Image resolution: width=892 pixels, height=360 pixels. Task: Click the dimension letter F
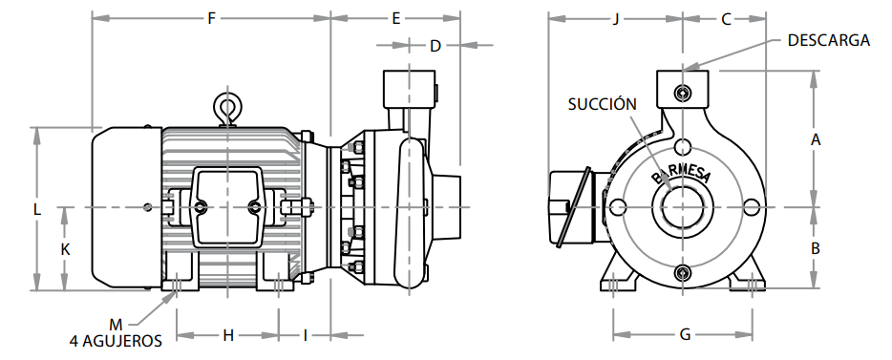pos(212,19)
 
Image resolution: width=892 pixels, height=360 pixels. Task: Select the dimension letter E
pos(396,19)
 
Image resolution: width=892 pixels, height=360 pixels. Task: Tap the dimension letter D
pos(435,46)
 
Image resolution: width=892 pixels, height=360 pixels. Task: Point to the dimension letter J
pos(616,19)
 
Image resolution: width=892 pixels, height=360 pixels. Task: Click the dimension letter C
pos(726,19)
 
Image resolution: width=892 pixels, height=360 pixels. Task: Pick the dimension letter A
pos(816,139)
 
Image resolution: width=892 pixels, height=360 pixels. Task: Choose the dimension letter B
pos(816,248)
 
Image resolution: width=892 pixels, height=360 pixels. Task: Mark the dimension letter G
pos(686,335)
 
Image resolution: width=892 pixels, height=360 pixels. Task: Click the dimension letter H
pos(228,335)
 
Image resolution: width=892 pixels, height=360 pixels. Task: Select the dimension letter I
pos(305,335)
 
